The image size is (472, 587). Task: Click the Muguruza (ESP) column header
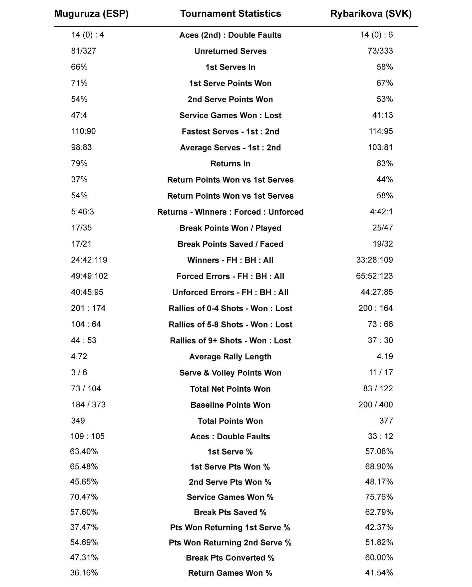91,14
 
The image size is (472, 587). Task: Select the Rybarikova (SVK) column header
371,14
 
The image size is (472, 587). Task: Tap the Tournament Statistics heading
231,14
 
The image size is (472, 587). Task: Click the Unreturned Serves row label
231,51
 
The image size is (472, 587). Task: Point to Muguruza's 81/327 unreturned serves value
84,51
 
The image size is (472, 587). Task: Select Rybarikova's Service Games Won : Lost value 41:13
382,115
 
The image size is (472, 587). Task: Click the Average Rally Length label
231,357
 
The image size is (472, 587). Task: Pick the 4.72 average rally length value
79,356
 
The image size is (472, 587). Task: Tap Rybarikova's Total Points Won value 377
386,421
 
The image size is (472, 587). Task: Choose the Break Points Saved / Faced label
231,244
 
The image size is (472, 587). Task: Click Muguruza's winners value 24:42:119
89,260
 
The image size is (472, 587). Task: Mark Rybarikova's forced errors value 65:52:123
374,276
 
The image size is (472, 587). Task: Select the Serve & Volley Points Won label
231,373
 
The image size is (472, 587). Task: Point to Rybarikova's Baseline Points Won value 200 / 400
375,405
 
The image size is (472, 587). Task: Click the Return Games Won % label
230,573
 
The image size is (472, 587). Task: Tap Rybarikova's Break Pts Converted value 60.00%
379,557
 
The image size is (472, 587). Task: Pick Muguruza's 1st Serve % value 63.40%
84,452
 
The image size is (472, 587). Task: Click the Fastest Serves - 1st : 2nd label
231,132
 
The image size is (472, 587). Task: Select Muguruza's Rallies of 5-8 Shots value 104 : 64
86,324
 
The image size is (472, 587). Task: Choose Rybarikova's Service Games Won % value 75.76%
379,497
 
